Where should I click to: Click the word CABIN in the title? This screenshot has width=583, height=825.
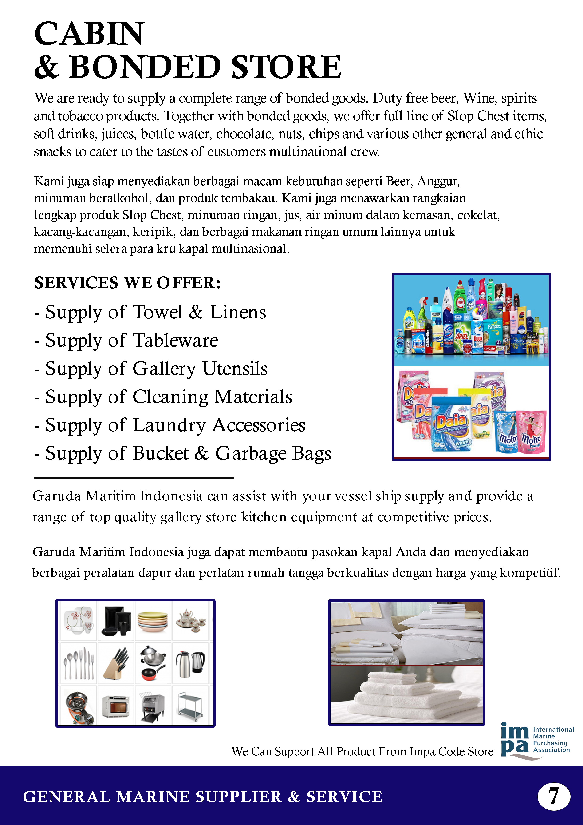pos(89,34)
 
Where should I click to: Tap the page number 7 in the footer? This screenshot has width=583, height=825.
pos(554,796)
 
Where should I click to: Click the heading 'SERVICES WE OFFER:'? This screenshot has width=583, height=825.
pos(127,283)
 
